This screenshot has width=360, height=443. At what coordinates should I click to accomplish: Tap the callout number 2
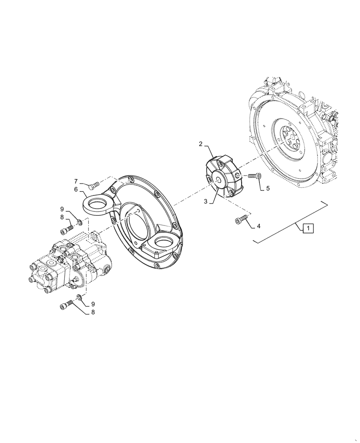click(201, 144)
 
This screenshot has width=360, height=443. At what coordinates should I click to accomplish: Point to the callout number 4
click(258, 226)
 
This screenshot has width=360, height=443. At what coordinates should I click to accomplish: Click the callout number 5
click(268, 188)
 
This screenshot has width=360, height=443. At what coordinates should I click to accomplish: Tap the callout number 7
click(76, 181)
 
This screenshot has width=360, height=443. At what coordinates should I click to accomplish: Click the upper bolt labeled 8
click(67, 229)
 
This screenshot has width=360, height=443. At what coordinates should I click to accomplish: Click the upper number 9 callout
click(63, 208)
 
